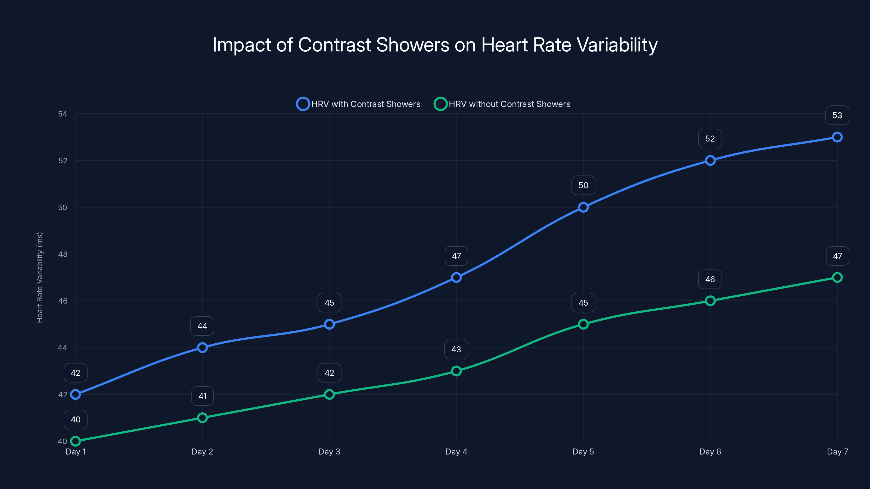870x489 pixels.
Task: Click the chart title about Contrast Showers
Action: (x=435, y=45)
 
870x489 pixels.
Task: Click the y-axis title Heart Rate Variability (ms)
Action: (x=40, y=277)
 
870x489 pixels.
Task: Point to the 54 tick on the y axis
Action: (x=63, y=114)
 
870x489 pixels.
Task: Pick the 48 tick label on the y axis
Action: (x=63, y=254)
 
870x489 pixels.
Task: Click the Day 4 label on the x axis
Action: (x=456, y=452)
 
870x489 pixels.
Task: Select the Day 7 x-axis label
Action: (x=837, y=452)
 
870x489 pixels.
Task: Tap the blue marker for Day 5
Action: (x=583, y=207)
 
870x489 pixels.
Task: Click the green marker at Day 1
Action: (x=75, y=441)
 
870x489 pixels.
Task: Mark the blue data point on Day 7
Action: (x=837, y=137)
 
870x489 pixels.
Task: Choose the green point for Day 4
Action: (x=456, y=371)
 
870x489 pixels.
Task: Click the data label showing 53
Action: (x=837, y=115)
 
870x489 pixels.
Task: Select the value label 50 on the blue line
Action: (x=583, y=185)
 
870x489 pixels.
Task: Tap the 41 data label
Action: (x=202, y=396)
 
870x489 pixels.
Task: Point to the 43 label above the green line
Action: (x=456, y=349)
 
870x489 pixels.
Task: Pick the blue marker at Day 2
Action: (x=202, y=348)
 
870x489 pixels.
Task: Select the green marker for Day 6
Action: (x=710, y=301)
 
